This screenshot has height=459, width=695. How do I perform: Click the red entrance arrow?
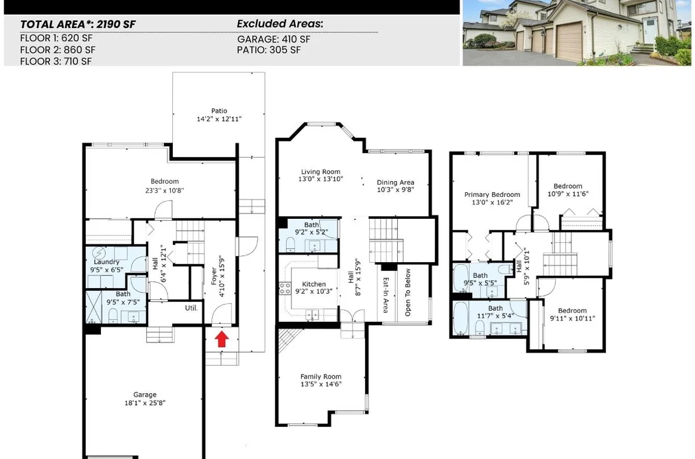coord(222,340)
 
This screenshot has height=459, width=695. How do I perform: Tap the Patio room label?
coord(219,110)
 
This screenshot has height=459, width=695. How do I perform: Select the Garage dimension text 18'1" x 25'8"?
coord(145,403)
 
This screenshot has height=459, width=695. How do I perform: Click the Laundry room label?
coord(107,262)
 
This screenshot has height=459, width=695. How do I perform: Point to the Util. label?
coord(191,307)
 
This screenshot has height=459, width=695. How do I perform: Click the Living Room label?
coord(320,172)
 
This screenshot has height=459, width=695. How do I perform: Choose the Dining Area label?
coord(395,182)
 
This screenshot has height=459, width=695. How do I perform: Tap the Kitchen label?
coord(314,284)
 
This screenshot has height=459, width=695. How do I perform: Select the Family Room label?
coord(321,377)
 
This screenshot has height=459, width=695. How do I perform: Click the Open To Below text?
coord(408,292)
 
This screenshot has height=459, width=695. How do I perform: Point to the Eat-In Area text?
coord(386,295)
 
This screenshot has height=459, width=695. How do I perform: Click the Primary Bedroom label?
coord(492,194)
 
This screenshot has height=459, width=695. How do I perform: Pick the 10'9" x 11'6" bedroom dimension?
coord(568,193)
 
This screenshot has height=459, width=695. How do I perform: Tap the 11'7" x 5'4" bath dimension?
coord(495,316)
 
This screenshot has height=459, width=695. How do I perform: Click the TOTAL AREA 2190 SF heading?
coord(78,25)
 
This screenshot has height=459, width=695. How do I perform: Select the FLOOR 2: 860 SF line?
coord(58,49)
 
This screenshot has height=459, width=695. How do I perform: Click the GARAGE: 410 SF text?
coord(274,39)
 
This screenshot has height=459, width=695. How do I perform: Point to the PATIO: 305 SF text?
coord(269,49)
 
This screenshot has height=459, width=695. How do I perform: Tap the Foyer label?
coord(214,276)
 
